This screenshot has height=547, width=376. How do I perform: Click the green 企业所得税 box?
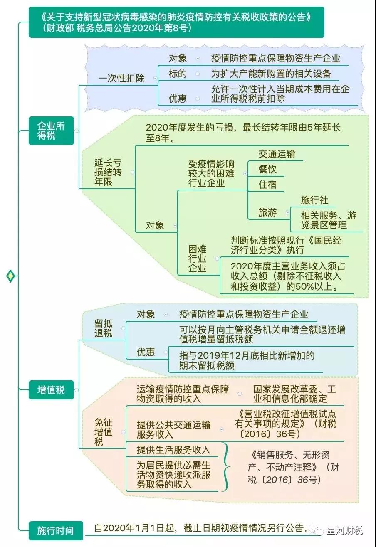(51, 131)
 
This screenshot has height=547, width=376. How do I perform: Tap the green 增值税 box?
(51, 390)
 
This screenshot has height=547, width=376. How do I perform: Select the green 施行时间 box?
(56, 531)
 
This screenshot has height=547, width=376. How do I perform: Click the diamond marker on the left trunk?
(10, 276)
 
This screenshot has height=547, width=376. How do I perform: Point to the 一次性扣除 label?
(121, 78)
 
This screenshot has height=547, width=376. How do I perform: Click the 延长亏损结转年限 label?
(108, 172)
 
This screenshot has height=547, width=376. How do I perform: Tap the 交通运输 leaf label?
(277, 154)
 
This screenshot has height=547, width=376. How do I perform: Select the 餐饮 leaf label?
(267, 169)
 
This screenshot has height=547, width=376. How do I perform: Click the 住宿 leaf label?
(267, 185)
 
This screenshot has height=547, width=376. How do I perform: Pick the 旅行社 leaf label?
(315, 200)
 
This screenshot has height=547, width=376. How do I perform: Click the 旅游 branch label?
(267, 212)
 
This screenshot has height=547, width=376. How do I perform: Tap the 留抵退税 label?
(103, 328)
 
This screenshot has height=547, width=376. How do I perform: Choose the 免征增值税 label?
(103, 432)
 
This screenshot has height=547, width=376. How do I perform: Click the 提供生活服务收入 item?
(173, 450)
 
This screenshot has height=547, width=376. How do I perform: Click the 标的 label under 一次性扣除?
(178, 74)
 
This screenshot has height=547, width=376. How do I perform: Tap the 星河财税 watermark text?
(344, 530)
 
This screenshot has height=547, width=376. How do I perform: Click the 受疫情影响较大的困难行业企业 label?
(211, 173)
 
